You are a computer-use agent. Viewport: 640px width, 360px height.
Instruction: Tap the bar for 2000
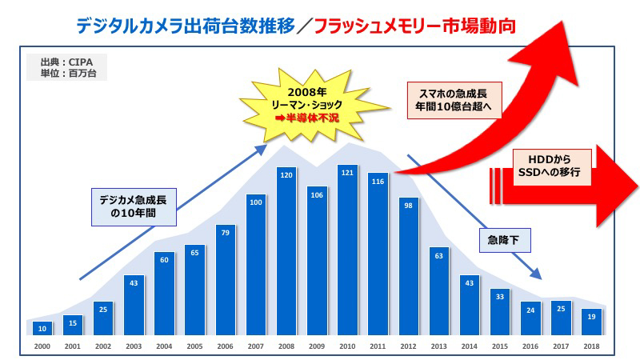tap(44, 328)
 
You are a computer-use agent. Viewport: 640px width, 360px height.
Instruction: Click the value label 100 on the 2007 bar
tap(257, 202)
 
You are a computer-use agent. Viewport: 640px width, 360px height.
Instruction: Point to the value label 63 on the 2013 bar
tap(439, 258)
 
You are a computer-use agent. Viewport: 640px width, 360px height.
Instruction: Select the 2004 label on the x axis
tap(165, 346)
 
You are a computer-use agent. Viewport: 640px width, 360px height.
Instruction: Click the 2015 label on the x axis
tap(500, 346)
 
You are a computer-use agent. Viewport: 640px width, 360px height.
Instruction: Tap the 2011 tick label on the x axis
tap(378, 346)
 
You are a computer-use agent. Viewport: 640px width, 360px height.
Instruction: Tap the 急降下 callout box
tap(503, 239)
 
